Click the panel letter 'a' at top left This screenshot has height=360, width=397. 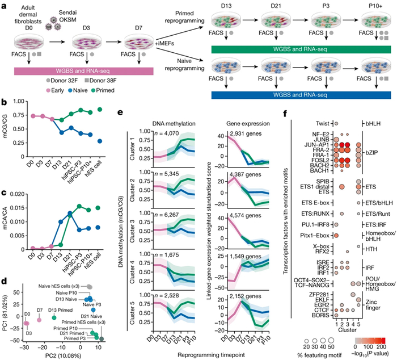pyautogui.click(x=5, y=5)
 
